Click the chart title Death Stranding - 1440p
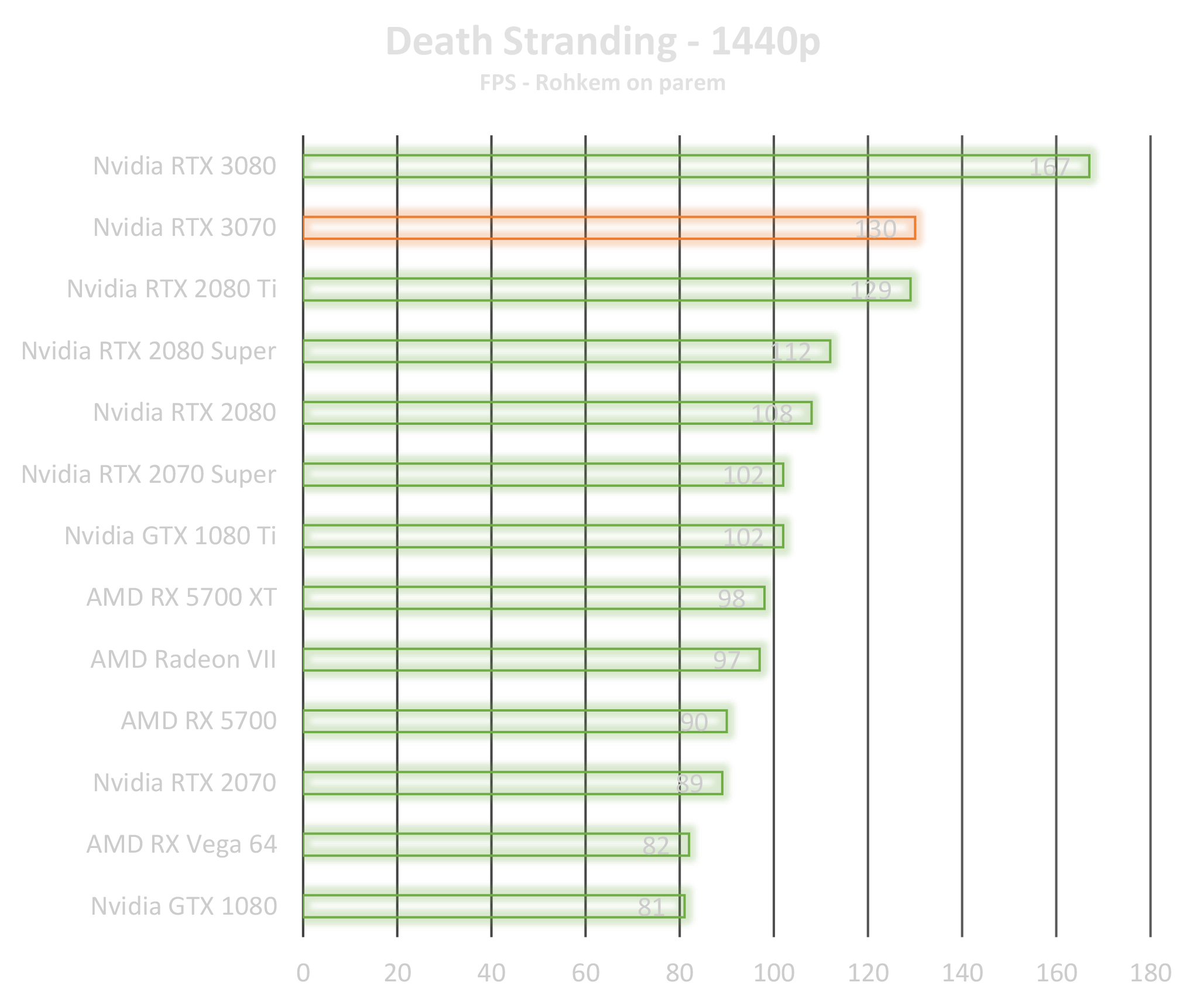pos(602,42)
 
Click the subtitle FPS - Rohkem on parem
pos(602,83)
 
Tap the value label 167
pos(1049,167)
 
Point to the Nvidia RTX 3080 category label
pos(184,166)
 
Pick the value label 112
pos(790,352)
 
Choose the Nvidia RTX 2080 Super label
pos(149,351)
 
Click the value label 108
pos(772,414)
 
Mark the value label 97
pos(726,660)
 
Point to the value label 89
pos(689,784)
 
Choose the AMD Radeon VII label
pos(183,660)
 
